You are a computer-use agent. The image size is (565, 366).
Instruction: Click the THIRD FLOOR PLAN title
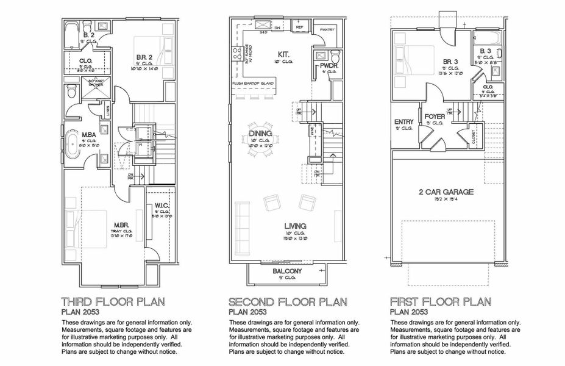tap(113, 301)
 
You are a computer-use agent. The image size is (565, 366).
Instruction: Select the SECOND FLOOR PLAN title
tap(287, 301)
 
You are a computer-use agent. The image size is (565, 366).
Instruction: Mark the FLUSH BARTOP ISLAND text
tap(252, 82)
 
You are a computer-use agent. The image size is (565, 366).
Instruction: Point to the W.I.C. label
tap(162, 205)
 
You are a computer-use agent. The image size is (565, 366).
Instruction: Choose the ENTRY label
tap(403, 122)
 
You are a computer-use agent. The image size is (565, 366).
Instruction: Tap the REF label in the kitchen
tap(300, 27)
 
